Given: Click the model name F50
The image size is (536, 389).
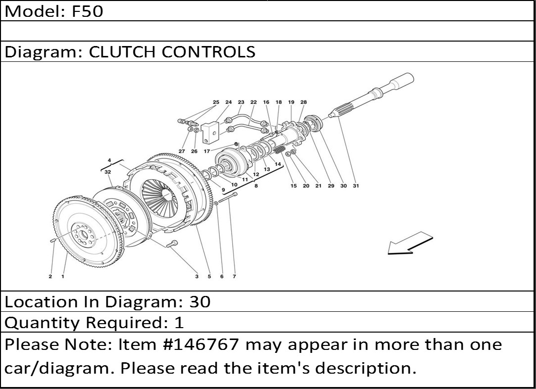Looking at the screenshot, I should (x=88, y=11).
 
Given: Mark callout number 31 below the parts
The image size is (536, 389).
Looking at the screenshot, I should (x=355, y=186).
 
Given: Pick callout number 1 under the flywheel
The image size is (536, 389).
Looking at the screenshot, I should (x=63, y=277).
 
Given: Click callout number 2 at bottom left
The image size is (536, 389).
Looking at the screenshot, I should (x=50, y=277).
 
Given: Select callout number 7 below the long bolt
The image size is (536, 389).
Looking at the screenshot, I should (x=234, y=277).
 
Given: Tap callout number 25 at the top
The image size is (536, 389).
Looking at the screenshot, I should (x=216, y=102).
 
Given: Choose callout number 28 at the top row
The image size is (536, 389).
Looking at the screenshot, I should (x=303, y=102).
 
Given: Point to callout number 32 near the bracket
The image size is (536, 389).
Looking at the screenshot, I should (x=107, y=171).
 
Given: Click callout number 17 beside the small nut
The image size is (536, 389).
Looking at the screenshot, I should (x=206, y=151).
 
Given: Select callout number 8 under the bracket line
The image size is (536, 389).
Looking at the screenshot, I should (x=256, y=186).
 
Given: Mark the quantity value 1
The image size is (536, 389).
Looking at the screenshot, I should (x=179, y=323).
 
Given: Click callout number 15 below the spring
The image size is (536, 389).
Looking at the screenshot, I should (x=293, y=186).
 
